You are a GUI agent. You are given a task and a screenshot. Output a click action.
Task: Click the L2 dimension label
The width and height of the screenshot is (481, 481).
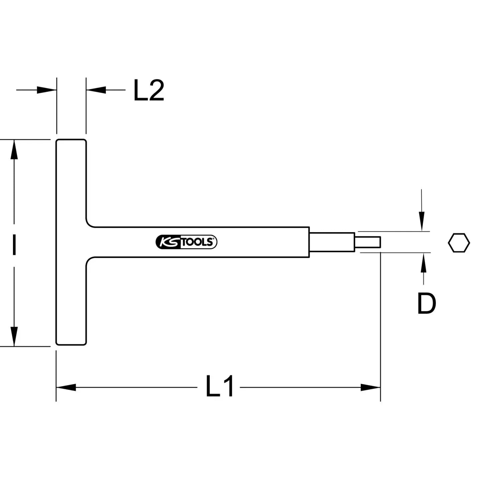149,90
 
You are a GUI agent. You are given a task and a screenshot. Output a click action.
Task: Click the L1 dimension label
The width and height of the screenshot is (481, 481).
219,386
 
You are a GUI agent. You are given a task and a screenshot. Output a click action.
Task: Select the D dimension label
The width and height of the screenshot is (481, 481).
427,303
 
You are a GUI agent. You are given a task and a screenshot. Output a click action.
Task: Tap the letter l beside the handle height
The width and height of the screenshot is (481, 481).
14,245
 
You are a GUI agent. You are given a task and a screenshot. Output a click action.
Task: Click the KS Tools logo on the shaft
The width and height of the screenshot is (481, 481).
186,242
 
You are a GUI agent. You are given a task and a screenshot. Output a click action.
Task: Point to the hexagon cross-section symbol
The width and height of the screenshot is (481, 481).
459,243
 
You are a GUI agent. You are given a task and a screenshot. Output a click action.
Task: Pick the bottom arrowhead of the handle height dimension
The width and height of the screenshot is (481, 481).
14,336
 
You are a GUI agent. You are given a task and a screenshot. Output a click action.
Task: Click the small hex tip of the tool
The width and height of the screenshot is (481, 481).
368,242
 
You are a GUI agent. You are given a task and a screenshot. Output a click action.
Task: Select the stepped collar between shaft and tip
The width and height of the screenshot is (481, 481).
332,242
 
